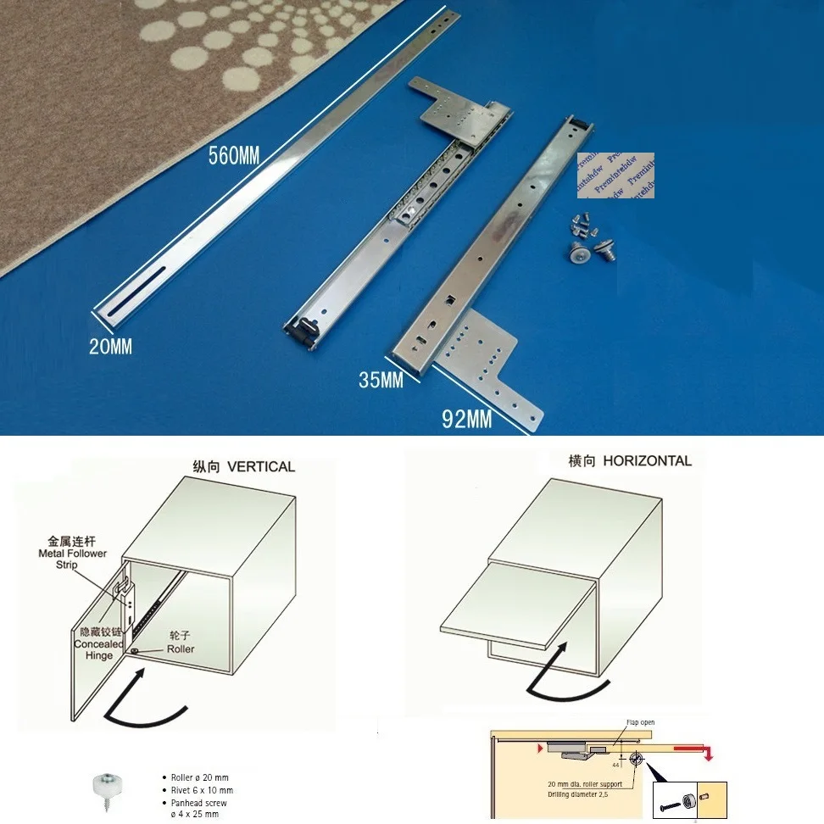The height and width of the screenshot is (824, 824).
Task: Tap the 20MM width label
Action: pos(110,346)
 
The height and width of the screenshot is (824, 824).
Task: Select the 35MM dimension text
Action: pos(381,380)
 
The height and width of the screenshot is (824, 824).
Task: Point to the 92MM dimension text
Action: pos(466,419)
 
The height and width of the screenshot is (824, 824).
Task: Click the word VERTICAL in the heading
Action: pos(261,466)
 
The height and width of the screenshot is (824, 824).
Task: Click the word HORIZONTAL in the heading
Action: pos(648,461)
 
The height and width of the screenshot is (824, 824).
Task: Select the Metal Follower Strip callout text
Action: pos(72,553)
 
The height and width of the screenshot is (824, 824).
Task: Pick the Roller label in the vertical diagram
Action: pos(180,649)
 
